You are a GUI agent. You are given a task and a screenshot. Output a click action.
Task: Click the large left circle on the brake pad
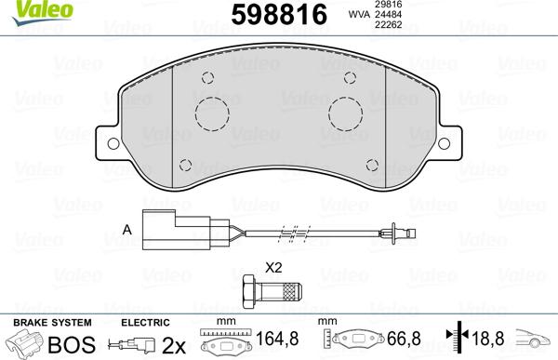coord(211,114)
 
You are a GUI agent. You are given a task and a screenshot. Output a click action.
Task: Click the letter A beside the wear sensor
coord(126,229)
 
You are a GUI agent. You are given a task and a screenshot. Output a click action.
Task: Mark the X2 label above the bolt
coord(273,266)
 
